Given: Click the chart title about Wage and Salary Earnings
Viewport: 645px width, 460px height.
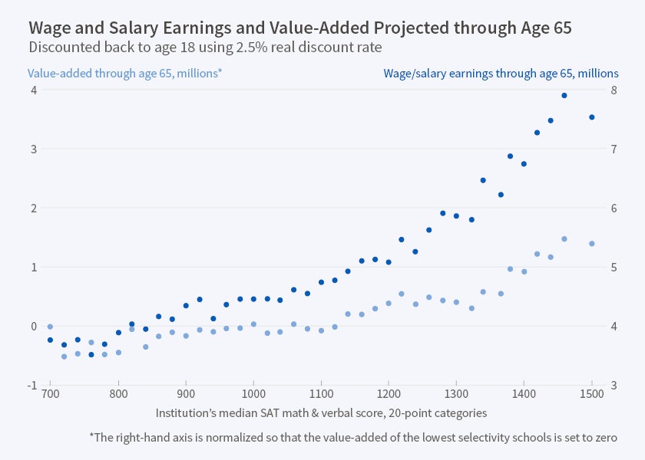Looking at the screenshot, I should pos(300,28).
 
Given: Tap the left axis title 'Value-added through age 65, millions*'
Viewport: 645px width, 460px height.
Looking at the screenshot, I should pos(124,74).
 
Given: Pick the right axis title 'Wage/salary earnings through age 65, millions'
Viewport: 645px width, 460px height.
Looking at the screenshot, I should pos(501,74).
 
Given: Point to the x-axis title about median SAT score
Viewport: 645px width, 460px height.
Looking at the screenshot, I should pos(321,412).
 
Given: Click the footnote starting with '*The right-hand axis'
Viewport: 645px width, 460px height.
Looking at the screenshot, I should pos(353,437).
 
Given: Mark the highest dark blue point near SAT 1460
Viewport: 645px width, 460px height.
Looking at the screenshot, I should pos(564,96).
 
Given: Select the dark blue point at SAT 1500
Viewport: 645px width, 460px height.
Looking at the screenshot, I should pos(592,117).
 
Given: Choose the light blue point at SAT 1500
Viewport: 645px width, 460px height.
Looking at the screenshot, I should pos(592,244).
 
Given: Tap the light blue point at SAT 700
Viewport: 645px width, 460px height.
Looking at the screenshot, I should pos(50,327).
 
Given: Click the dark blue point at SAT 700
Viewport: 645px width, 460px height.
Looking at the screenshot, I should pos(50,340).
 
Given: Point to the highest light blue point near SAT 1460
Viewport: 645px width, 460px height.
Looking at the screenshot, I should pos(564,239).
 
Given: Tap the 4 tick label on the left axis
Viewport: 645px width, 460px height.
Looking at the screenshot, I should pos(34,90).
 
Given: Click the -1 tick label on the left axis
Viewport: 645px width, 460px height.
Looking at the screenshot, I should pos(31,385).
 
